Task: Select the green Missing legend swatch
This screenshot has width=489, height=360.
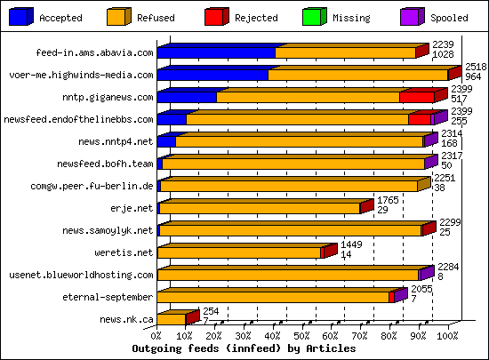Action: point(312,15)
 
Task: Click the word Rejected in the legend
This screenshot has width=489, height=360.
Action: point(256,18)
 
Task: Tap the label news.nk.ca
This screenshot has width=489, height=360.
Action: point(126,319)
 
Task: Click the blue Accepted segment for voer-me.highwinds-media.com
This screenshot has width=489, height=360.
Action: point(213,76)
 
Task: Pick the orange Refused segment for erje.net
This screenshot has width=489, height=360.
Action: point(260,208)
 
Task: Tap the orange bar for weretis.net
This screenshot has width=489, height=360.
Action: point(240,252)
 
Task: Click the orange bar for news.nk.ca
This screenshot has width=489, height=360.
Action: point(172,319)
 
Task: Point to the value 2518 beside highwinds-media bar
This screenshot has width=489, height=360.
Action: point(476,67)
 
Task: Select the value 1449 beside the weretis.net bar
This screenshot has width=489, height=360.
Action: point(352,244)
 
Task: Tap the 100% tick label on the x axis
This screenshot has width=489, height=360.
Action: point(447,337)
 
